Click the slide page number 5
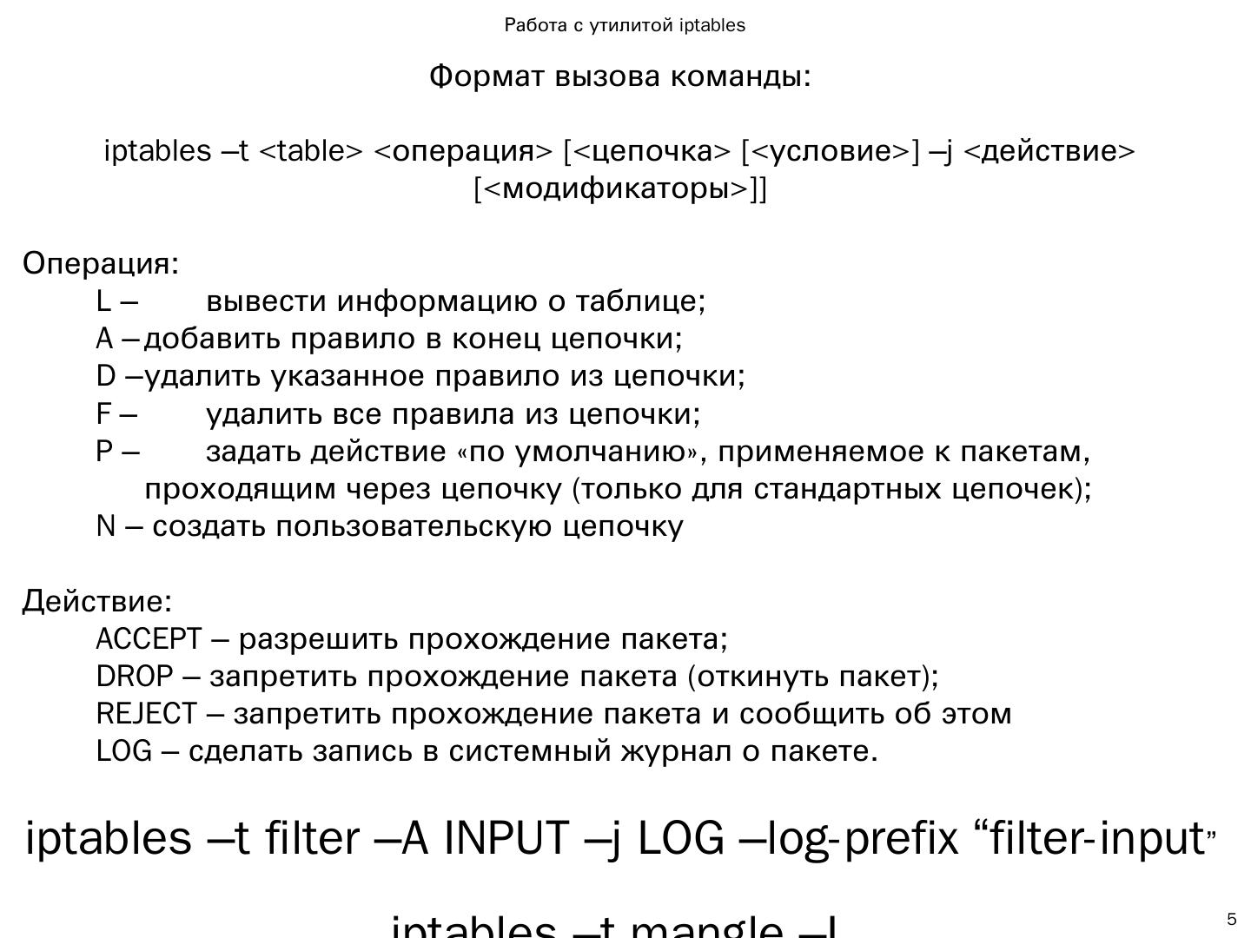pos(1231,920)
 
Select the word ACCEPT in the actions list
pos(149,639)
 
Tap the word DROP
pos(135,677)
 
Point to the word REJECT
pos(147,714)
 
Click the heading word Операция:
pos(101,263)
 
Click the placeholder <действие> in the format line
pos(1049,151)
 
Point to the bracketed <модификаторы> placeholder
pos(620,188)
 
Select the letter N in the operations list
pos(106,527)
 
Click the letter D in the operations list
pos(106,377)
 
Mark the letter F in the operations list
pos(104,414)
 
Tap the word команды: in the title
pos(741,76)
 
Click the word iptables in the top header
pos(712,25)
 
